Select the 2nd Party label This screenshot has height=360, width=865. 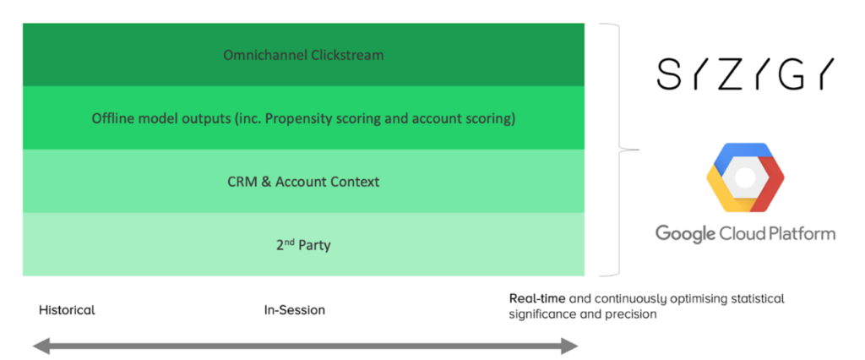tap(303, 245)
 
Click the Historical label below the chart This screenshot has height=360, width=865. tap(67, 310)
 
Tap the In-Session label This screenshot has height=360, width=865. tap(295, 310)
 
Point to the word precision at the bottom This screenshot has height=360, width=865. tap(632, 314)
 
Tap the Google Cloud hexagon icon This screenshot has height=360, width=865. tap(745, 177)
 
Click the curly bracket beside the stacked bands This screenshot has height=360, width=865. tap(622, 150)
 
